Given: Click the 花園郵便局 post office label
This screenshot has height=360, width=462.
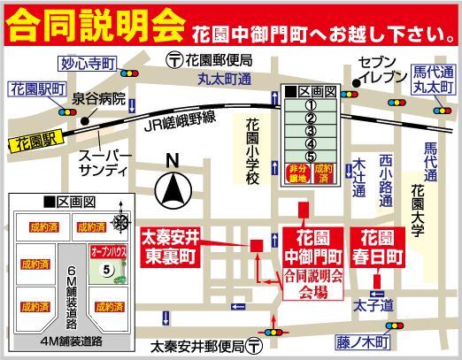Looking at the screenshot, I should pos(218,59).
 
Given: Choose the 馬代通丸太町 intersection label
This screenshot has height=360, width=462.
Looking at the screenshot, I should pos(433,80).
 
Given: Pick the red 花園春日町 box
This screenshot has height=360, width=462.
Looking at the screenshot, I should pos(381,244).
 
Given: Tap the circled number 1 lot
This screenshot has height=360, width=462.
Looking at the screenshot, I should pos(311,102).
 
